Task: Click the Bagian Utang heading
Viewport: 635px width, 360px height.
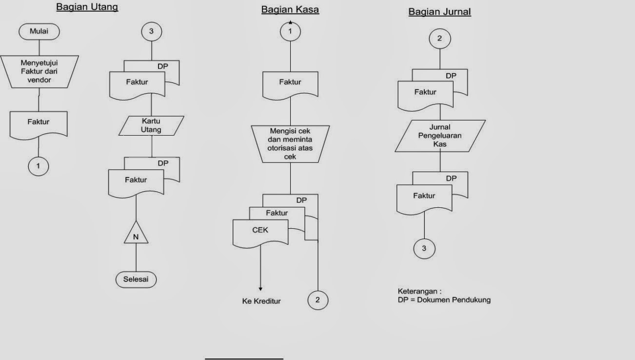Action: click(87, 7)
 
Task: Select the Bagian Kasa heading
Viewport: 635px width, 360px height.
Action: click(290, 10)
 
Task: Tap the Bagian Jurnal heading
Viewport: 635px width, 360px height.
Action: click(439, 12)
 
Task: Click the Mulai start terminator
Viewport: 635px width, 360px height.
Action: click(39, 32)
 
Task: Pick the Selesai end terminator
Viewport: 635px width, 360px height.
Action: click(136, 280)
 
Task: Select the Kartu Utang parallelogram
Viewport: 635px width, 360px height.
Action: click(151, 125)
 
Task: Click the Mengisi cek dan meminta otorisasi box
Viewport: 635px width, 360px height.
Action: click(290, 143)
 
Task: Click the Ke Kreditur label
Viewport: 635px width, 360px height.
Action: click(261, 301)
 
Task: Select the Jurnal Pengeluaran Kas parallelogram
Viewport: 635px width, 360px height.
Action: click(440, 136)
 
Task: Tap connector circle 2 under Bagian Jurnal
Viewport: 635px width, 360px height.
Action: click(440, 39)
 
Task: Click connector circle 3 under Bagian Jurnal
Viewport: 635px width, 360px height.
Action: click(424, 248)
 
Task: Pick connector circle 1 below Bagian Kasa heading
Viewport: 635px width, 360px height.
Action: click(290, 32)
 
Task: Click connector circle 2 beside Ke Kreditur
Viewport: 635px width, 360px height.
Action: click(317, 300)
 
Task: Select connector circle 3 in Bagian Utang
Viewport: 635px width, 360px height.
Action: click(151, 32)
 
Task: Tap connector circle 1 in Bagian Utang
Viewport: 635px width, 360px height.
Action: click(39, 166)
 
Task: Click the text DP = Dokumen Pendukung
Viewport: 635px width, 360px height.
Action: click(444, 300)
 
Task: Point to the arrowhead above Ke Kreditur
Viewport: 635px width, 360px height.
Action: click(260, 289)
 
